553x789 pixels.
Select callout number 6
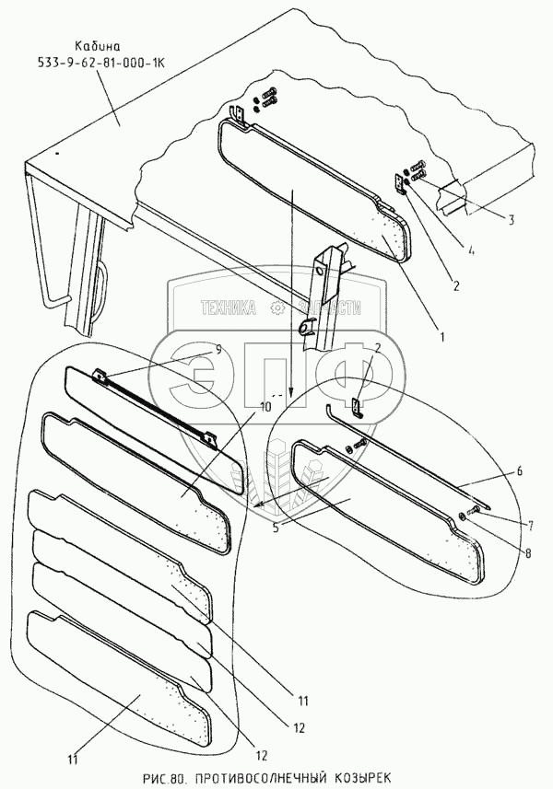pyautogui.click(x=519, y=470)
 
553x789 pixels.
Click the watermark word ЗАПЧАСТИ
pyautogui.click(x=327, y=311)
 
